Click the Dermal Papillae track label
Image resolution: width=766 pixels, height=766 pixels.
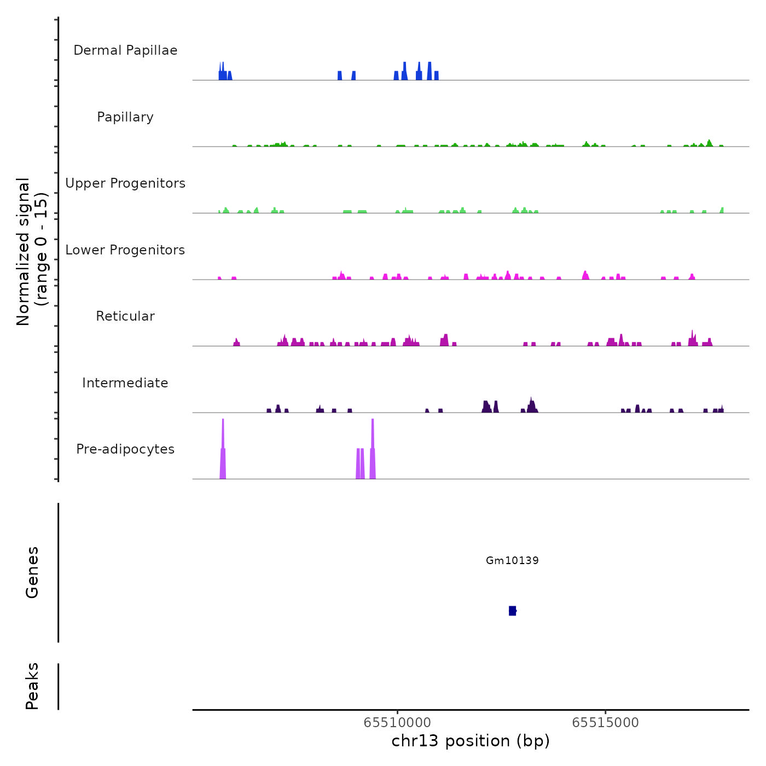coord(125,50)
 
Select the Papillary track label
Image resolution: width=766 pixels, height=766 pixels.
coord(125,117)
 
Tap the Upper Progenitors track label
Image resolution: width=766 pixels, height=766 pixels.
coord(125,183)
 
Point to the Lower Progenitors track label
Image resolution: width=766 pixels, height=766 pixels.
coord(125,250)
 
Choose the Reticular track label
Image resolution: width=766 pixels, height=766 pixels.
coord(125,316)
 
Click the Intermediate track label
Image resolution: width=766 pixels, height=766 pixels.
coord(125,383)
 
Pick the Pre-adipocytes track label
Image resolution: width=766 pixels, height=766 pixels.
coord(125,449)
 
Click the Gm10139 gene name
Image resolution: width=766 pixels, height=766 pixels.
coord(512,560)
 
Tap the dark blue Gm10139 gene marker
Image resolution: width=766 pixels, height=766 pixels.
coord(512,611)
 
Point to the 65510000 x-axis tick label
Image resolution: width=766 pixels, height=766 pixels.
coord(397,723)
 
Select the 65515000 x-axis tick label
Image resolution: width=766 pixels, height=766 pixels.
coord(605,723)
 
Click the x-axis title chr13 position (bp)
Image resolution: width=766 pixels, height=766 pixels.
coord(471,741)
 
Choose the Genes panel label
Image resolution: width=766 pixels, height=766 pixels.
coord(32,572)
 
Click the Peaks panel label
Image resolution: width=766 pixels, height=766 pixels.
coord(32,686)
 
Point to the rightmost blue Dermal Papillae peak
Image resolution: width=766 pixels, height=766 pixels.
coord(436,76)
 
